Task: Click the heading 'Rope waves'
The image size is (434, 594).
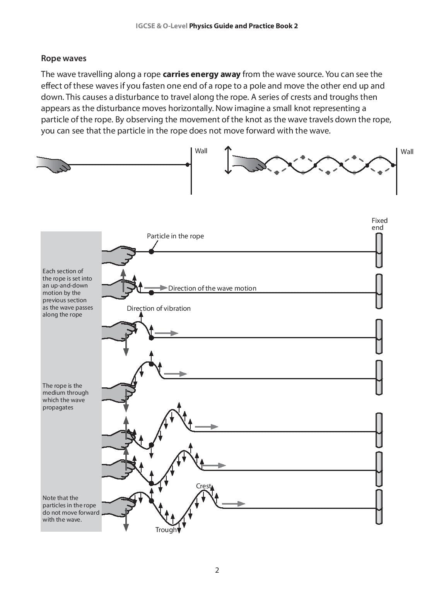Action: tap(63, 58)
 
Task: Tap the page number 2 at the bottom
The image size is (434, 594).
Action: tap(217, 570)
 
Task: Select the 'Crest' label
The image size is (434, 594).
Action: tap(203, 486)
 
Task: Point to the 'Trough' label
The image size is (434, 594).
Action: tap(166, 530)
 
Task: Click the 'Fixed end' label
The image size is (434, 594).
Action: tap(379, 224)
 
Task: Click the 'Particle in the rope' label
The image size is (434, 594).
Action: tap(175, 236)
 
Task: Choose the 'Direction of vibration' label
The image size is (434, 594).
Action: tap(159, 308)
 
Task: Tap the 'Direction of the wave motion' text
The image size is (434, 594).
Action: tap(212, 288)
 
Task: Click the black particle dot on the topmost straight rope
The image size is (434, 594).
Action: tap(151, 252)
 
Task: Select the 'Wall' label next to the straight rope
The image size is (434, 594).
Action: tap(201, 151)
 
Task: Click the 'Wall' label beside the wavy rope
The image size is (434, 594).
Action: tap(407, 152)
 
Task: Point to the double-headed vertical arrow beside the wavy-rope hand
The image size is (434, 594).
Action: tap(228, 160)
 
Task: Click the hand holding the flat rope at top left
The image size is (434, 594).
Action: tap(54, 164)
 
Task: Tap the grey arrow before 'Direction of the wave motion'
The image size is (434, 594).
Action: tap(155, 288)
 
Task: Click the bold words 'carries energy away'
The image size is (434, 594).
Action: tap(202, 74)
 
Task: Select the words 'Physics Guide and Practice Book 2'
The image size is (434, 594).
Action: tap(243, 26)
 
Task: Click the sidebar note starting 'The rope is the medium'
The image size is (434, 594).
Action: tap(65, 396)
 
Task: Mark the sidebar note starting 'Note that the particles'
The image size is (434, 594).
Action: tap(70, 508)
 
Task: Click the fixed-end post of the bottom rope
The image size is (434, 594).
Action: tap(379, 507)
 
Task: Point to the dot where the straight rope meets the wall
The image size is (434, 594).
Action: tap(188, 164)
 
